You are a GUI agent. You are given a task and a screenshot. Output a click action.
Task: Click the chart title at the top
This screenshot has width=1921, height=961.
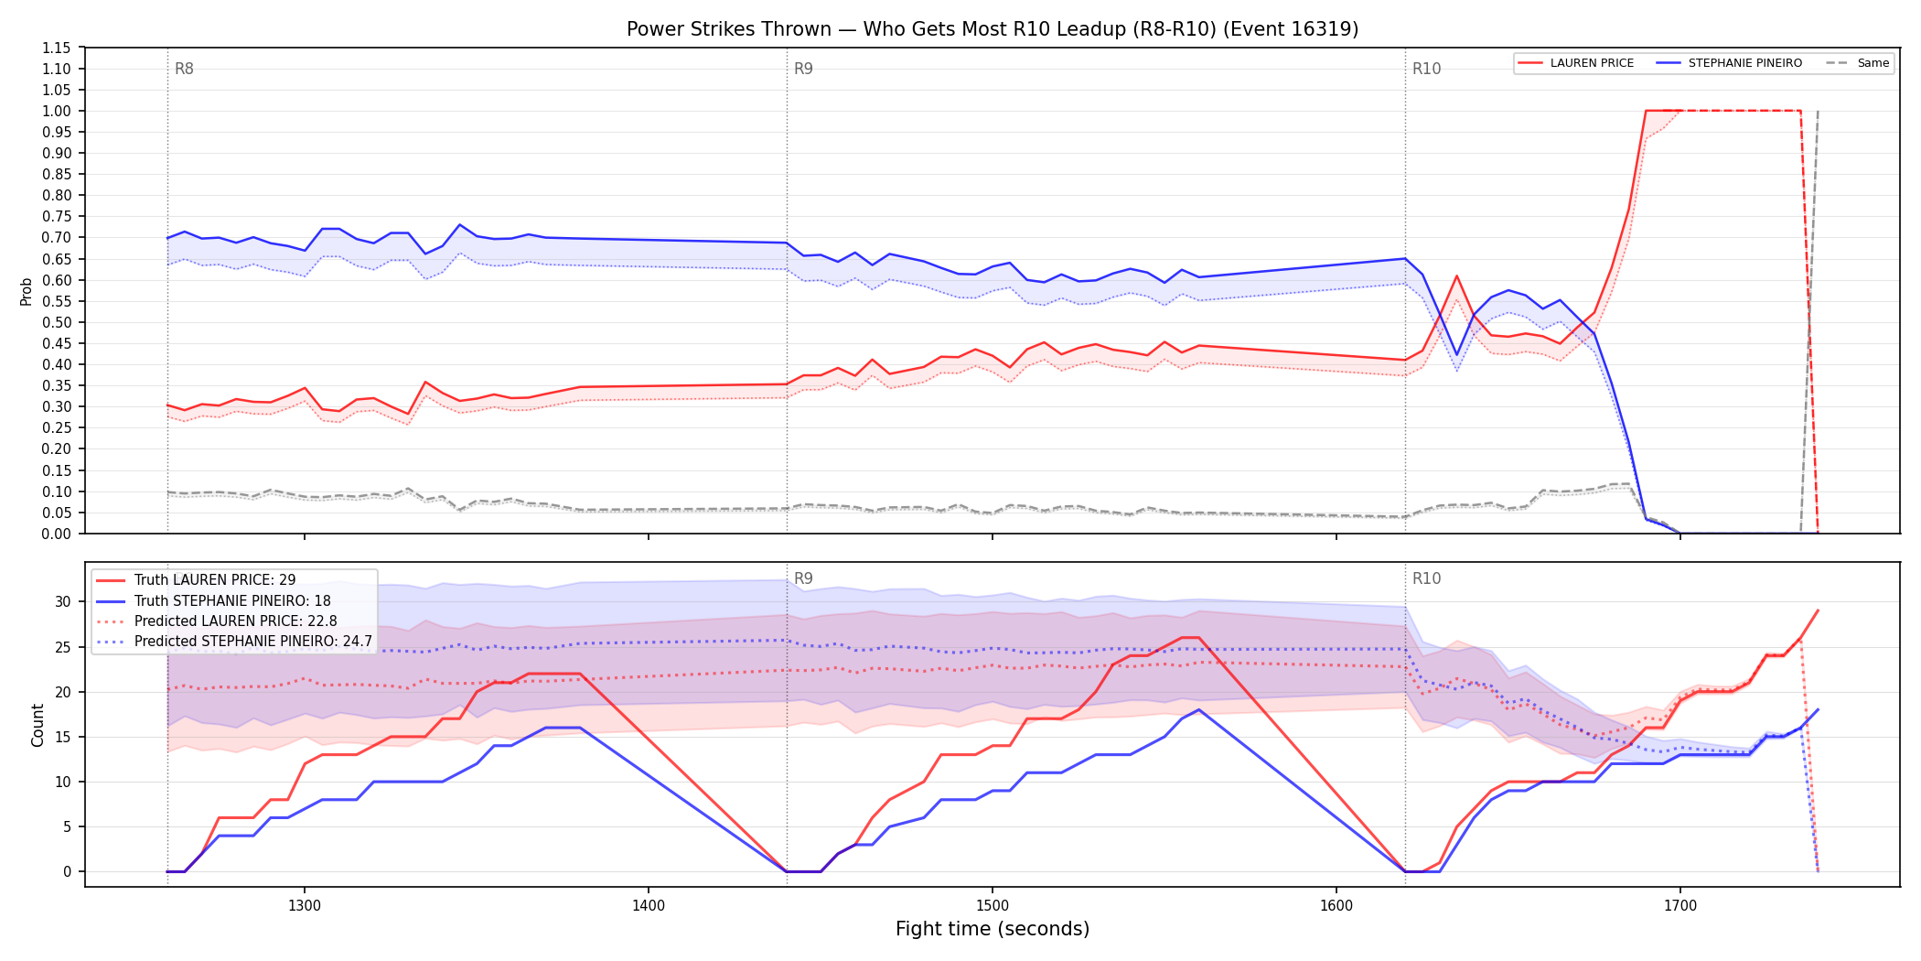[x=993, y=29]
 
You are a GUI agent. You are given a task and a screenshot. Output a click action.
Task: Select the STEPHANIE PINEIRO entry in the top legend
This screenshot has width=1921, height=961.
[x=1730, y=63]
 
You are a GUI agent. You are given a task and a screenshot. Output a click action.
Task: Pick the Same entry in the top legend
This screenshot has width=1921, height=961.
[x=1858, y=63]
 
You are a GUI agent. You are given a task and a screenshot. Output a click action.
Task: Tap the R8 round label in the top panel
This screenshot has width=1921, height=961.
[x=184, y=69]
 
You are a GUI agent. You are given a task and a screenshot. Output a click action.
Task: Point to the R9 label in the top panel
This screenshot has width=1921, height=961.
[x=803, y=69]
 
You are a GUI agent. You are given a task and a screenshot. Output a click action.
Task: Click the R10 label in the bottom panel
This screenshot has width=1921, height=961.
[x=1426, y=578]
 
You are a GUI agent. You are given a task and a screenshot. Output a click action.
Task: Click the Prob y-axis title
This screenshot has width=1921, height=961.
[x=27, y=291]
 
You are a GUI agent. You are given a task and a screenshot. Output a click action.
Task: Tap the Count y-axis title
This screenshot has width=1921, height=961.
[x=38, y=725]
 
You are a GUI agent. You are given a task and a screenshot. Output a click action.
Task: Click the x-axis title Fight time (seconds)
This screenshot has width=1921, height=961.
[x=993, y=929]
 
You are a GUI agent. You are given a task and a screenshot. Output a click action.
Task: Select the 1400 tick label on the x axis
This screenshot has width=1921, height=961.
[x=649, y=906]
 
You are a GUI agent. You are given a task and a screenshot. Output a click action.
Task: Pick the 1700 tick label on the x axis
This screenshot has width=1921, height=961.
[x=1680, y=906]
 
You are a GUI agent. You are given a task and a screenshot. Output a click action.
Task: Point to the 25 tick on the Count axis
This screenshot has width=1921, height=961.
[x=63, y=647]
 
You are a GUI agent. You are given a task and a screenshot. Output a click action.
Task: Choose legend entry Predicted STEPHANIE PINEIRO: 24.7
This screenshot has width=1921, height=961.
[x=234, y=642]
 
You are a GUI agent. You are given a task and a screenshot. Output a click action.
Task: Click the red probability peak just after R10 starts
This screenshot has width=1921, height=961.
[x=1456, y=275]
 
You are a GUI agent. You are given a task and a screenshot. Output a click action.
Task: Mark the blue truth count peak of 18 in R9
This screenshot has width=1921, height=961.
[x=1199, y=709]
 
